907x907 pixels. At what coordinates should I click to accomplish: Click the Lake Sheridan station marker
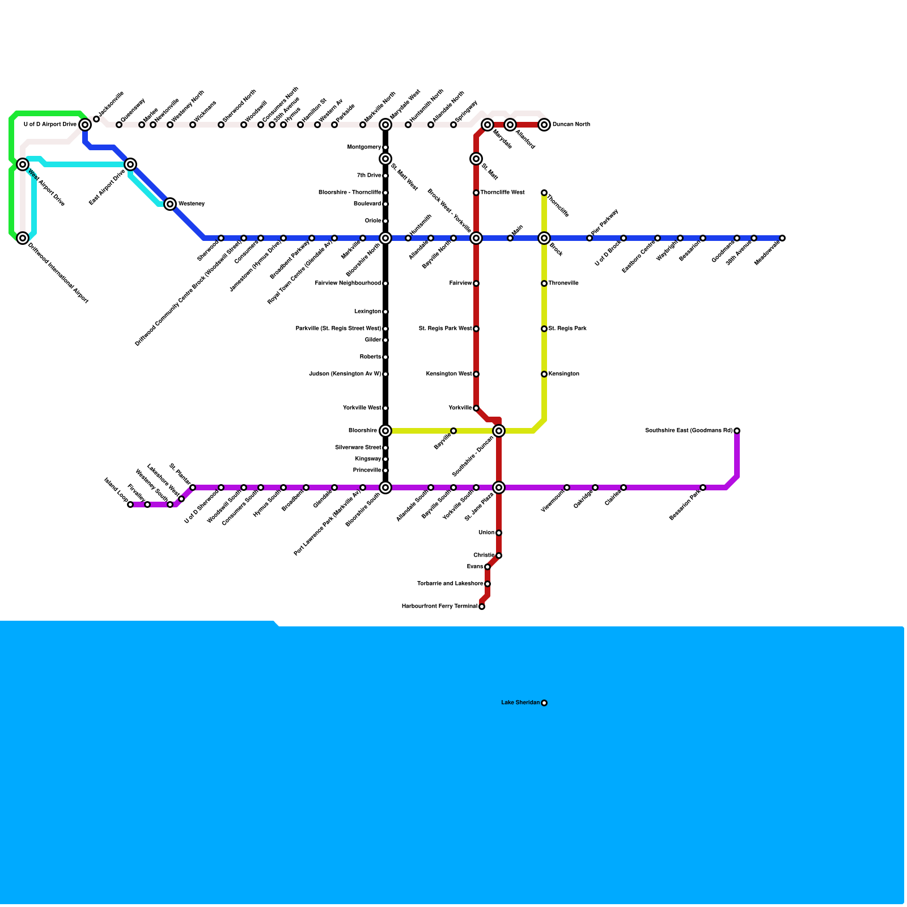[544, 703]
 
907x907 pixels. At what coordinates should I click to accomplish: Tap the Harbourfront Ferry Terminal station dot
[482, 607]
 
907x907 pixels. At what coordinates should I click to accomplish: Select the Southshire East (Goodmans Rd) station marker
[737, 431]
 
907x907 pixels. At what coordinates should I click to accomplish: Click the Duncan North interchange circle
[544, 125]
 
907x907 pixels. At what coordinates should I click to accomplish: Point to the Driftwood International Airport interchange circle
[23, 238]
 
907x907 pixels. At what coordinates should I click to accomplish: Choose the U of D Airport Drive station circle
[85, 125]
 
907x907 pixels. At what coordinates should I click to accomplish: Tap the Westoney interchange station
[170, 204]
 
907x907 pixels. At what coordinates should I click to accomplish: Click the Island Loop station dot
[130, 505]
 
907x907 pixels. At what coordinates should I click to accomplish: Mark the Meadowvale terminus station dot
[782, 238]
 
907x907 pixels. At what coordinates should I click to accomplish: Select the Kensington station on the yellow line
[544, 374]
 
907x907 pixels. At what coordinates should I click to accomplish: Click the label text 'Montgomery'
[364, 147]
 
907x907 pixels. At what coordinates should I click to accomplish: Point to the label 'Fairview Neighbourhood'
[347, 283]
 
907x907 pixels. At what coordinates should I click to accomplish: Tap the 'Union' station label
[486, 533]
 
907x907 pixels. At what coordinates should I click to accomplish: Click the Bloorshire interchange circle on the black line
[385, 431]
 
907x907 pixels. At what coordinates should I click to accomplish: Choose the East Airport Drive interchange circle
[130, 164]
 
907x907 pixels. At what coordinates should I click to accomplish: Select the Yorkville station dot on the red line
[476, 408]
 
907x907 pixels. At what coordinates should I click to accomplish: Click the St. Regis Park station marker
[544, 329]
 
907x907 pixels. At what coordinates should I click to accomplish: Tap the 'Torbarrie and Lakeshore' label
[450, 584]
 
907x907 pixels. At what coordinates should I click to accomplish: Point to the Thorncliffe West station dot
[476, 193]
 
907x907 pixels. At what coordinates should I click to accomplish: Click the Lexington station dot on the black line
[385, 312]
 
